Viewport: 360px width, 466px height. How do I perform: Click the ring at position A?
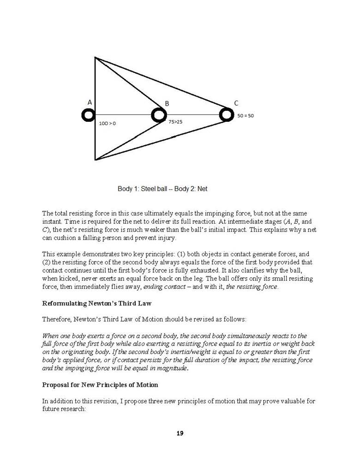tap(88, 115)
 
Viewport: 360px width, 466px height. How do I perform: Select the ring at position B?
tap(159, 115)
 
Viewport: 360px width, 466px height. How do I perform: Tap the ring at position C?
tap(226, 114)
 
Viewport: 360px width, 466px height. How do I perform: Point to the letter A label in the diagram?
tap(90, 102)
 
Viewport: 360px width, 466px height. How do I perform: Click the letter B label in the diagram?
tap(167, 104)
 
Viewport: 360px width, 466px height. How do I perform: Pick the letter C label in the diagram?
tap(236, 103)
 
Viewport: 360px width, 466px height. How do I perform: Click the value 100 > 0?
tap(108, 124)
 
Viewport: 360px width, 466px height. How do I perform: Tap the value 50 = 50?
tap(246, 116)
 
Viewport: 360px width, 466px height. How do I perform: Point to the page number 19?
tap(180, 433)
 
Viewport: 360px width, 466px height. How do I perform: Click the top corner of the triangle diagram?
tap(95, 57)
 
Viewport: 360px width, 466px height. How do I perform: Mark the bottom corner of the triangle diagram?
tap(95, 160)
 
